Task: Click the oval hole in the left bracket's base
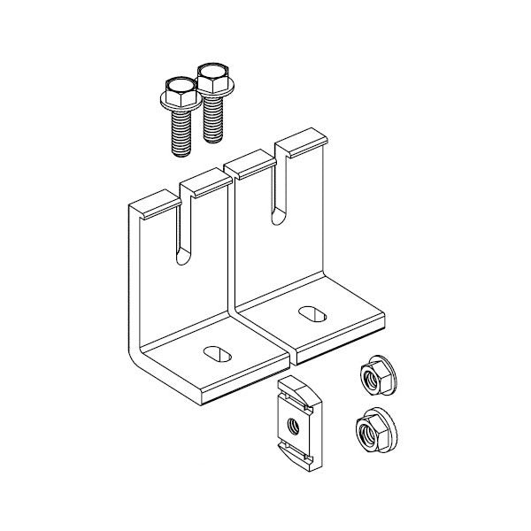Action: click(x=217, y=352)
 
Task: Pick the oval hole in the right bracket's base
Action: click(x=311, y=312)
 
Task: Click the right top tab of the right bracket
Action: click(x=301, y=139)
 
